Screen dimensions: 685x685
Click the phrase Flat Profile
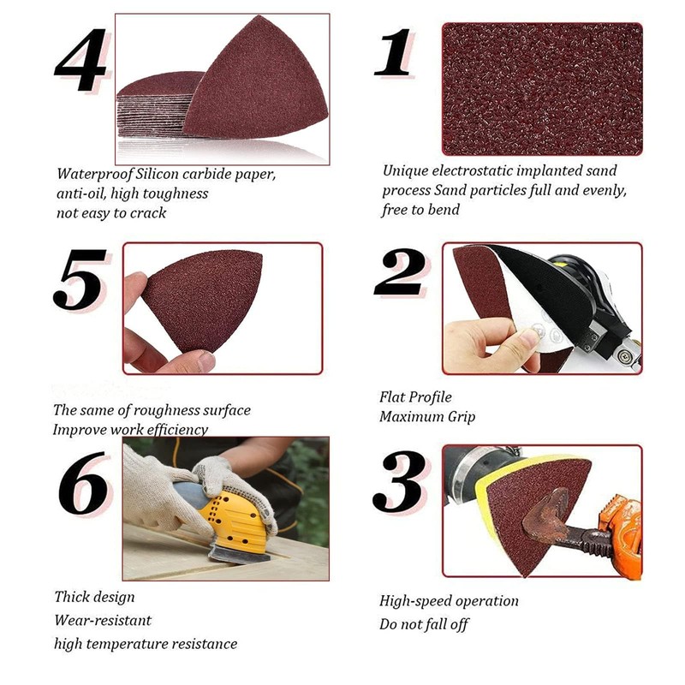pyautogui.click(x=415, y=397)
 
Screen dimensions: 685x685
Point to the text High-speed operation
pyautogui.click(x=449, y=601)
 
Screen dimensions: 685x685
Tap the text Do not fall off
pyautogui.click(x=424, y=624)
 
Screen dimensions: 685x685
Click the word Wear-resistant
pyautogui.click(x=103, y=620)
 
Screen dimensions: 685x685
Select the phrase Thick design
pyautogui.click(x=94, y=597)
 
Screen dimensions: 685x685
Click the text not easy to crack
pyautogui.click(x=111, y=212)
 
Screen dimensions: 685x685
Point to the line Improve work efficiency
pyautogui.click(x=130, y=429)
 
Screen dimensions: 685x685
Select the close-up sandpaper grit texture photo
pyautogui.click(x=541, y=88)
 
